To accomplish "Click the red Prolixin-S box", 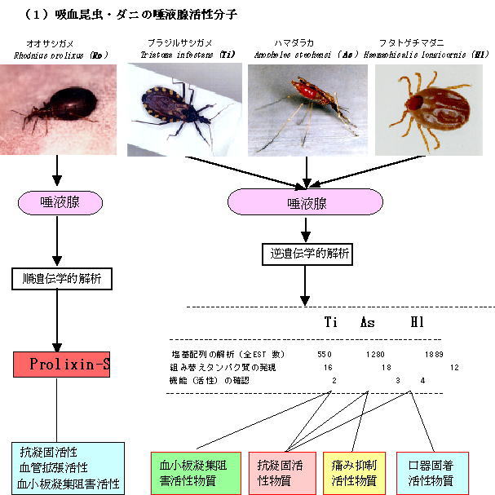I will point(61,364).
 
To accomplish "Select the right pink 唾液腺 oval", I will point(306,201).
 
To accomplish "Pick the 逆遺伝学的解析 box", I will point(307,254).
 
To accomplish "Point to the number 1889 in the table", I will point(433,354).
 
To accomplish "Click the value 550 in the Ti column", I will point(325,354).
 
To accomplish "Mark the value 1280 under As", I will point(375,354).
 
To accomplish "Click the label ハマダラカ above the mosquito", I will point(295,42).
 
